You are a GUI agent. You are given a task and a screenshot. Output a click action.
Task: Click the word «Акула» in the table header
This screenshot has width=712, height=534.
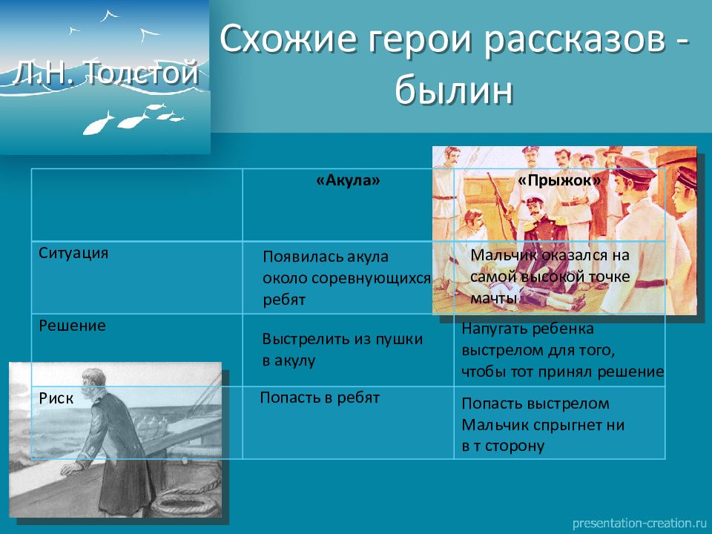(x=348, y=181)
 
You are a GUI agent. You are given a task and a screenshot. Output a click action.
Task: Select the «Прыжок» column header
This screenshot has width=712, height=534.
(x=559, y=181)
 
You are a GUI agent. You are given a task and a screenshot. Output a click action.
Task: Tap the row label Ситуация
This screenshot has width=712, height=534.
(x=73, y=253)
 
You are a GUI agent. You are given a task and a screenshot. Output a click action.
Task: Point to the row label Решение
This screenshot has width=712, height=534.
(x=72, y=326)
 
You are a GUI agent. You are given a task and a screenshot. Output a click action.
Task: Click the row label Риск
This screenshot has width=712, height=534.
(x=56, y=398)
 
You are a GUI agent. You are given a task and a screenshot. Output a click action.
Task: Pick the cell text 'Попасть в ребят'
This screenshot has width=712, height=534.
(x=320, y=398)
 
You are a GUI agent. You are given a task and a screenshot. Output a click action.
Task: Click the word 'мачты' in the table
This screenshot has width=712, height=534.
(x=494, y=298)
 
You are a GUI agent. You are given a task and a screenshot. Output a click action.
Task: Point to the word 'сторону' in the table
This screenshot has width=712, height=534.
(x=515, y=446)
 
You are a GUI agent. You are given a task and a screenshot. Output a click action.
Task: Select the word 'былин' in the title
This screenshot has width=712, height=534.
(x=454, y=90)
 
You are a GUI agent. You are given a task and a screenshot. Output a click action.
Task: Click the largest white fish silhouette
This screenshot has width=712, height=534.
(x=98, y=124)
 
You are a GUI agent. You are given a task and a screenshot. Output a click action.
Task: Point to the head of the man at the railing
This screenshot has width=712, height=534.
(x=93, y=381)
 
